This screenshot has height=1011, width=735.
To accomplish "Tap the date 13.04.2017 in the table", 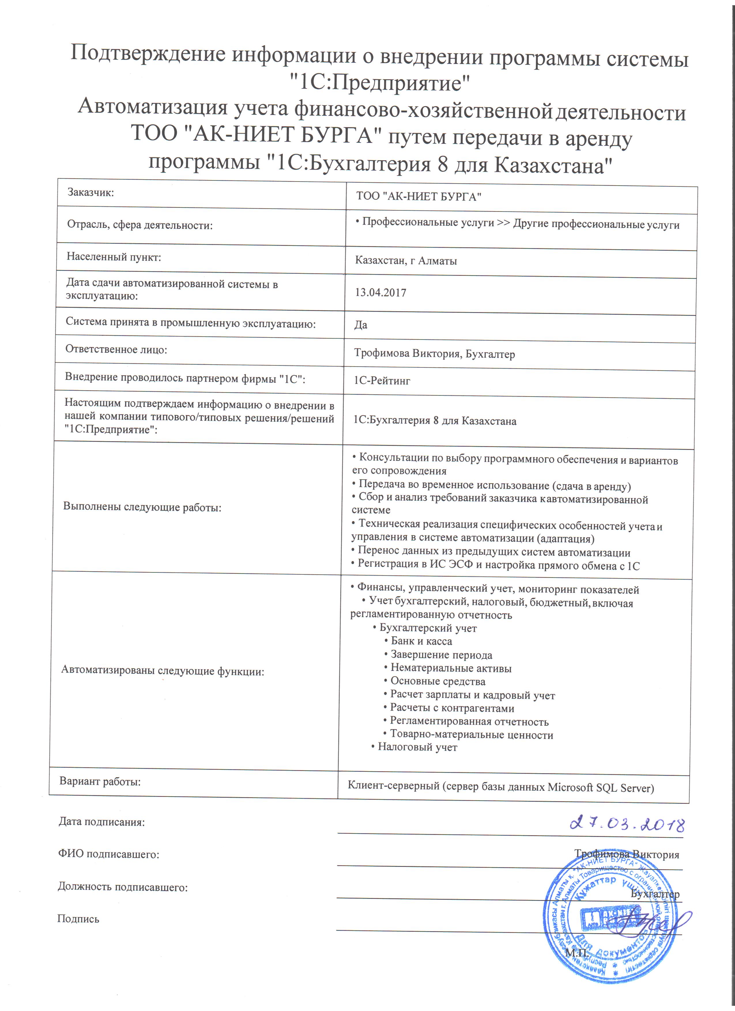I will coord(380,293).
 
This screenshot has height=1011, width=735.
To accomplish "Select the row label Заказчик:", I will coord(91,193).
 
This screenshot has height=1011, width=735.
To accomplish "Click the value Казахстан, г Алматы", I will coord(406,261).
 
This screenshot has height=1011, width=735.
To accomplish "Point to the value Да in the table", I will coord(361,325).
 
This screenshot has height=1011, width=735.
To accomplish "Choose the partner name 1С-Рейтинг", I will coord(382,381).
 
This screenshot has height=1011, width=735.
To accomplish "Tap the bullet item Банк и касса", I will coord(421,642).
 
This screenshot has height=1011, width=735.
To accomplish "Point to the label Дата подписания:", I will coord(102,822).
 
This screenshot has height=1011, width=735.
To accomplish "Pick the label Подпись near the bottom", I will coord(78,919).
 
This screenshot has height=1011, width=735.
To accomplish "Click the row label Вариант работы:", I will coord(100,781).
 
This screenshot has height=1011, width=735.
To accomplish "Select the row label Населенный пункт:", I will coord(114,257).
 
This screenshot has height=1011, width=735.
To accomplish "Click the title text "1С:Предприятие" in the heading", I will coord(380,83).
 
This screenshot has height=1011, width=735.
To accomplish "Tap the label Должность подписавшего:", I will coord(122,887).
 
